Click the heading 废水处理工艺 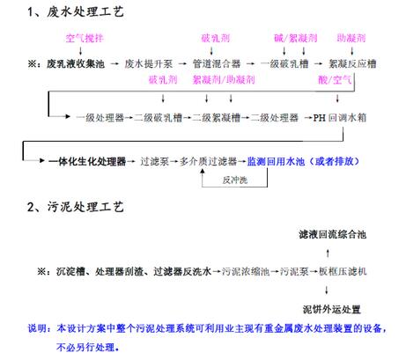(85, 12)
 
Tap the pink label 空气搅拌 (85, 38)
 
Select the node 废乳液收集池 (76, 63)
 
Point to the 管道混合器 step (217, 63)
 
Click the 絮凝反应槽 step (352, 63)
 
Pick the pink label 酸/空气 (335, 79)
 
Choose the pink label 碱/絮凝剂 (296, 38)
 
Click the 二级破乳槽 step (159, 118)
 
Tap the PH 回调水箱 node (340, 118)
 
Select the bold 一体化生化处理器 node (87, 161)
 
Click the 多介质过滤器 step (208, 161)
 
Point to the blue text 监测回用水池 (276, 161)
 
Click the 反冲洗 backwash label (235, 180)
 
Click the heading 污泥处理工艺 (85, 207)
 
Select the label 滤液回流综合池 (333, 234)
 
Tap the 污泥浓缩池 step (246, 271)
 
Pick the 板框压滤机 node (343, 271)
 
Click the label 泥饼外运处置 (332, 310)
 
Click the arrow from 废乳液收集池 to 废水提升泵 (114, 63)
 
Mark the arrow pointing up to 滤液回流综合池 (328, 253)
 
